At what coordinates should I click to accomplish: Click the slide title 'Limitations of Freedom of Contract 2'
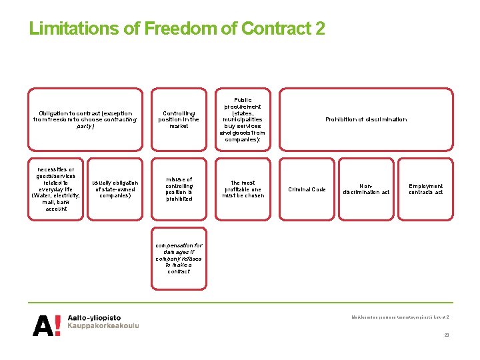[x=177, y=29]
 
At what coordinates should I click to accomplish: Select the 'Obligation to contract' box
[x=86, y=119]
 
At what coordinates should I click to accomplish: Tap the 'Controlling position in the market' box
[x=179, y=119]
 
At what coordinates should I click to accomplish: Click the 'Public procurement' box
[x=242, y=119]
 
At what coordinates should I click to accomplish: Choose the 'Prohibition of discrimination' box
[x=365, y=119]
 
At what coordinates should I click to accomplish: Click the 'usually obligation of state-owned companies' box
[x=116, y=189]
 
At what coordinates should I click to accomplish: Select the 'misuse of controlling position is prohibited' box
[x=179, y=189]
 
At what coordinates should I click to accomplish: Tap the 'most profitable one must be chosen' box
[x=243, y=189]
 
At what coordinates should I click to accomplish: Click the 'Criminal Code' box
[x=307, y=189]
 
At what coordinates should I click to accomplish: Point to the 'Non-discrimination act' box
[x=366, y=189]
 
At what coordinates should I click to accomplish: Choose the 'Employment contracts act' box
[x=425, y=189]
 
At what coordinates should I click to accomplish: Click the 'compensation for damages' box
[x=179, y=258]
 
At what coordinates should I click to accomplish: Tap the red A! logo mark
[x=47, y=325]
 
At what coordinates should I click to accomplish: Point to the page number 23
[x=447, y=335]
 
